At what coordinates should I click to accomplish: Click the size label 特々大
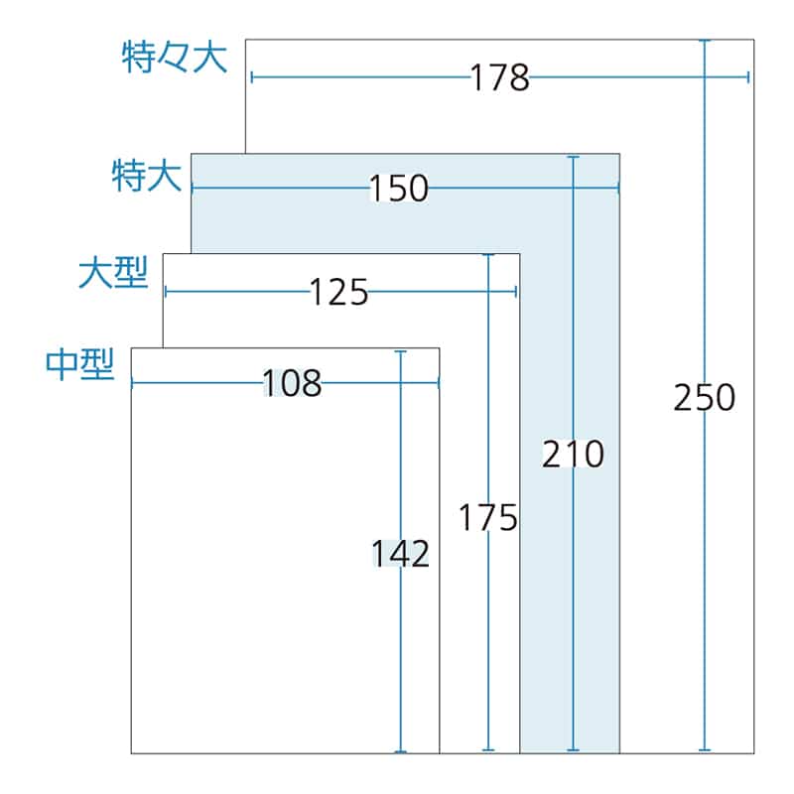(x=175, y=58)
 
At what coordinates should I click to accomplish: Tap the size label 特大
(x=146, y=177)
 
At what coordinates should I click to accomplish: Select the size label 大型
(x=113, y=273)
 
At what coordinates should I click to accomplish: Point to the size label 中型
(x=81, y=365)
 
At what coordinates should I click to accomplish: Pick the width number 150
(x=398, y=188)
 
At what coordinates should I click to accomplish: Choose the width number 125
(x=338, y=292)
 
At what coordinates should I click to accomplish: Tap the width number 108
(x=292, y=383)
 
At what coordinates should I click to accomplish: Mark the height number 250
(x=704, y=398)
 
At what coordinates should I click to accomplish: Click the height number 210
(x=573, y=455)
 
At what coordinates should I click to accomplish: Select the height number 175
(x=487, y=517)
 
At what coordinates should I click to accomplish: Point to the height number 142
(x=400, y=553)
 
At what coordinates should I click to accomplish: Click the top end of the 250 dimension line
(x=705, y=42)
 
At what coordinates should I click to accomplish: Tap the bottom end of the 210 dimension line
(x=573, y=750)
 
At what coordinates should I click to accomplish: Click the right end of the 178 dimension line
(x=747, y=77)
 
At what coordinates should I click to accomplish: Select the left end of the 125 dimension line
(x=166, y=291)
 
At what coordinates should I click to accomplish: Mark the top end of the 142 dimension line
(x=400, y=351)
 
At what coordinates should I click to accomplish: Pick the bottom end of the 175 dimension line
(x=487, y=750)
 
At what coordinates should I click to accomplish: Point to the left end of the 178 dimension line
(x=252, y=77)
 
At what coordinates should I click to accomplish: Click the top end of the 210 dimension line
(x=573, y=157)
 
